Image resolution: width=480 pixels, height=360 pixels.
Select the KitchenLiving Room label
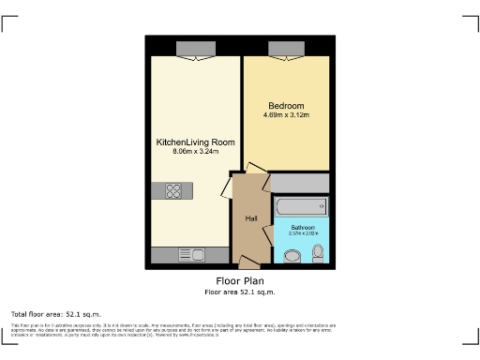pyautogui.click(x=195, y=142)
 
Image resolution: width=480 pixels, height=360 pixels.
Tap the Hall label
pyautogui.click(x=251, y=219)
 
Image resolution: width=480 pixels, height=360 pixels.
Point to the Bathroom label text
pyautogui.click(x=303, y=227)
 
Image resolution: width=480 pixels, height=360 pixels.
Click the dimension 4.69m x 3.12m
pyautogui.click(x=286, y=116)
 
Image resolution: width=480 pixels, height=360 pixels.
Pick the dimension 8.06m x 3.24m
pyautogui.click(x=195, y=151)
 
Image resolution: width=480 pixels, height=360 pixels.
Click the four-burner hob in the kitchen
pyautogui.click(x=173, y=190)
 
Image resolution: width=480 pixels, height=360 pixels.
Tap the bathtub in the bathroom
pyautogui.click(x=300, y=206)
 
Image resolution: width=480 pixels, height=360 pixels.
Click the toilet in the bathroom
pyautogui.click(x=318, y=252)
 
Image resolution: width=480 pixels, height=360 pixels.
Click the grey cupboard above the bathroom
pyautogui.click(x=300, y=182)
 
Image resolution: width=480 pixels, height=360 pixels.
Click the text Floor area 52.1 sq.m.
pyautogui.click(x=239, y=292)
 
